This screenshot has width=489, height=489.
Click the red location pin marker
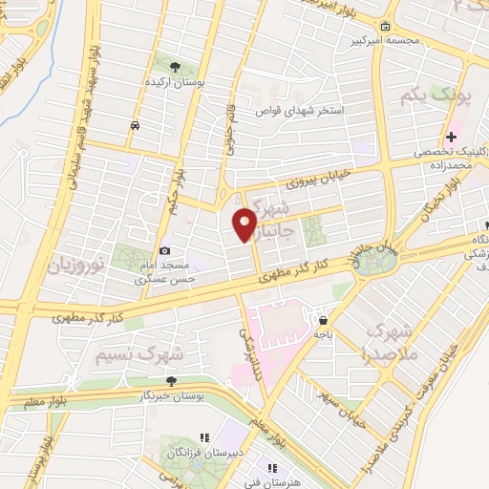tap(244, 223)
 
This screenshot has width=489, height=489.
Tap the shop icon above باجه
tap(324, 320)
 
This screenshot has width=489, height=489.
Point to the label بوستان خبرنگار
tap(169, 394)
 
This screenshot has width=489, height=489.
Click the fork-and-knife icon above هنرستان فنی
tap(272, 468)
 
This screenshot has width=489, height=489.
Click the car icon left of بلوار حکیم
tap(135, 125)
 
